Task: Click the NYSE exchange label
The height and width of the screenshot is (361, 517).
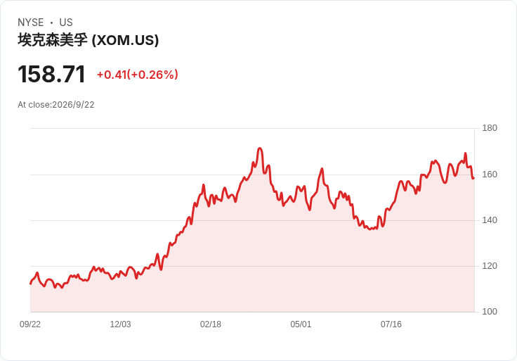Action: [31, 23]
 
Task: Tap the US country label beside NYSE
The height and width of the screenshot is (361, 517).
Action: [66, 23]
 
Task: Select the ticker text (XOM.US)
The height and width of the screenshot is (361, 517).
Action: [125, 40]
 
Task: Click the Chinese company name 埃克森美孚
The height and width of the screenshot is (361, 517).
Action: [53, 40]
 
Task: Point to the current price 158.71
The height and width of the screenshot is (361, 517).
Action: [51, 74]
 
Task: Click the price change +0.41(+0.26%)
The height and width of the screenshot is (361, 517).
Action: [138, 75]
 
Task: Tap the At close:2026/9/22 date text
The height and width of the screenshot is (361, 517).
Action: [56, 105]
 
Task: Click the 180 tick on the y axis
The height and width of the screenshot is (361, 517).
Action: [490, 128]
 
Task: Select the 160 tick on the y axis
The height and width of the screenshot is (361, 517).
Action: [490, 175]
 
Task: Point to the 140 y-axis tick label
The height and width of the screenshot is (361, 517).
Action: [490, 220]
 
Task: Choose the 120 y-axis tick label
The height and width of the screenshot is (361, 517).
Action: [490, 266]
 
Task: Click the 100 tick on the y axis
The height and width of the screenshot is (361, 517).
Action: [490, 312]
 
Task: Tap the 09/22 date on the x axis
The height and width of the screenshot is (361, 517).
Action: [30, 324]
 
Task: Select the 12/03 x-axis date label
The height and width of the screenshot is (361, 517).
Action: [120, 324]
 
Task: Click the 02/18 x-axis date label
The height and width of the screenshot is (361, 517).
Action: [211, 324]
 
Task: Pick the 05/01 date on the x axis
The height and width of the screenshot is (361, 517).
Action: [301, 324]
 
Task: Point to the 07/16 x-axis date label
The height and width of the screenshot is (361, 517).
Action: [391, 324]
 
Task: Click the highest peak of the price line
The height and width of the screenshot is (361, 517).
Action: [260, 148]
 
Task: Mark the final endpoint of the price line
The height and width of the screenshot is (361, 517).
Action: [474, 178]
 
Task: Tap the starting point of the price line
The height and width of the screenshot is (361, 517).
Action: [31, 284]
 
